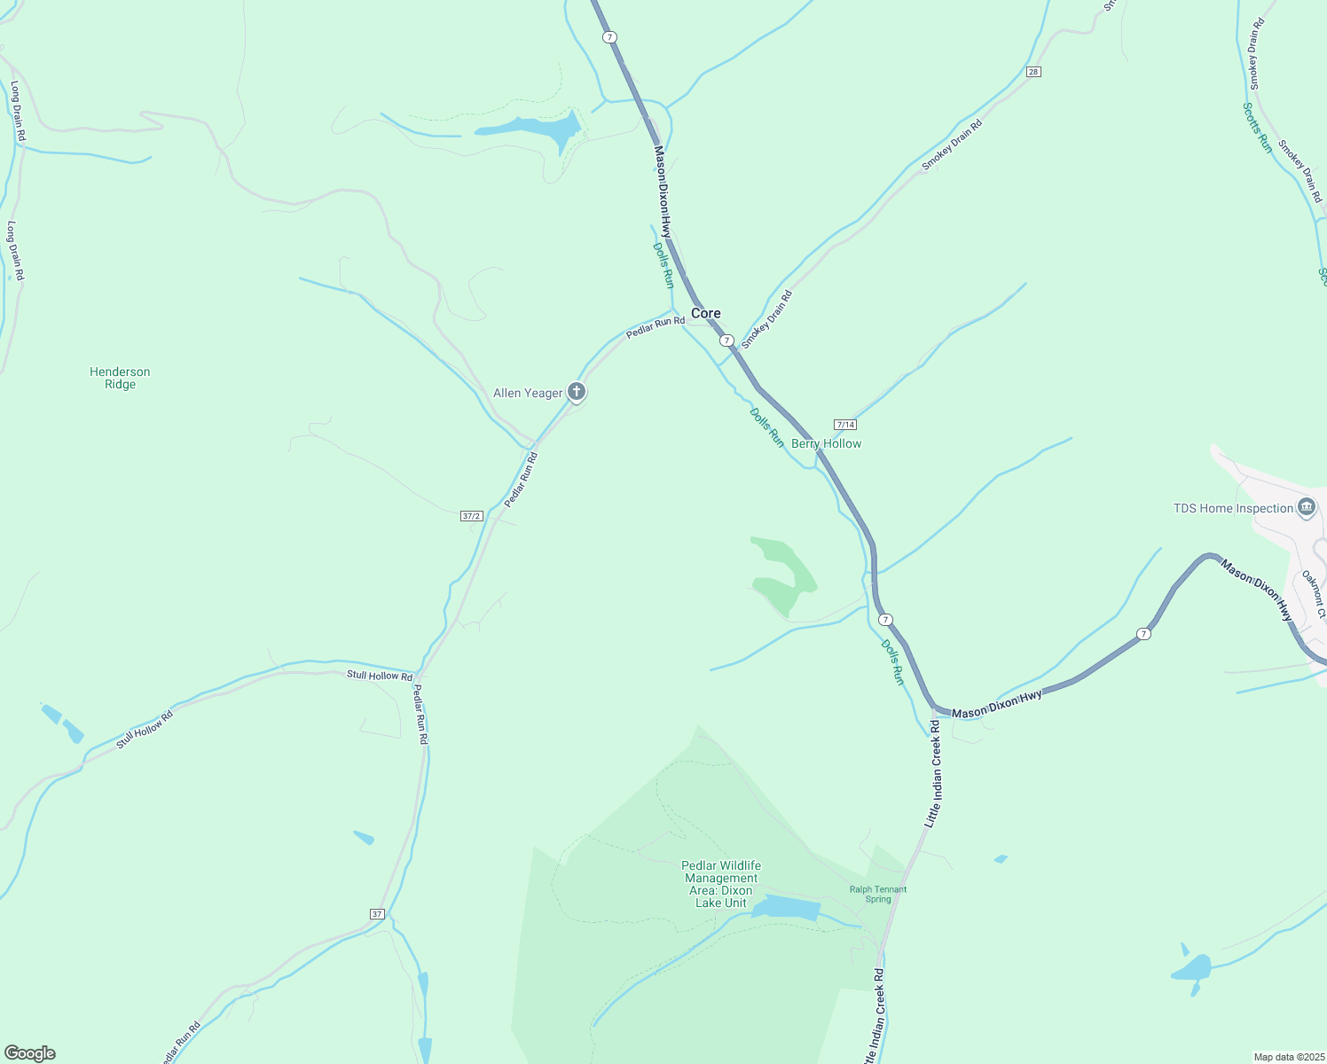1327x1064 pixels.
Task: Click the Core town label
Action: (706, 313)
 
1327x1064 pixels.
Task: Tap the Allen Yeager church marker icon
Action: (577, 391)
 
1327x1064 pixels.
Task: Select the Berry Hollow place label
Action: (826, 443)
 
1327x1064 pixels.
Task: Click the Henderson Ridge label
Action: (120, 378)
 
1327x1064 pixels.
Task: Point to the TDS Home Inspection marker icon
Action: (1306, 507)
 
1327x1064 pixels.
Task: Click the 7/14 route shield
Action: (845, 425)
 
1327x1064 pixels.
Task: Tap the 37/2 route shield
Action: (472, 516)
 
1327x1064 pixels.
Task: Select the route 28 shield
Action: (1033, 71)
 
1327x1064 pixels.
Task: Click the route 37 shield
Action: (377, 914)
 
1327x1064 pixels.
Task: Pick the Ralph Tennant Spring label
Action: (878, 894)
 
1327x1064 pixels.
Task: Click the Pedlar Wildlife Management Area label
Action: (721, 884)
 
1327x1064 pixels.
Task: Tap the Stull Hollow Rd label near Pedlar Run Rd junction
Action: (380, 676)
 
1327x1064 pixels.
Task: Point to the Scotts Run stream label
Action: (1257, 128)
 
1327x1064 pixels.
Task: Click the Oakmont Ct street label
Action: (1314, 594)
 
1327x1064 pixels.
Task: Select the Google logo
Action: (30, 1053)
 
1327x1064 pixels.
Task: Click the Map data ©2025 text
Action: (1288, 1057)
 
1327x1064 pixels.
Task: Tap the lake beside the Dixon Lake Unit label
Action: (787, 908)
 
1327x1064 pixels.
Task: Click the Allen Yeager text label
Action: (528, 393)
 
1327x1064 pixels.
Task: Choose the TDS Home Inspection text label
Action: (1233, 508)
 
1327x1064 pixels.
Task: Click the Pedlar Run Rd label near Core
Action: (656, 326)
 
